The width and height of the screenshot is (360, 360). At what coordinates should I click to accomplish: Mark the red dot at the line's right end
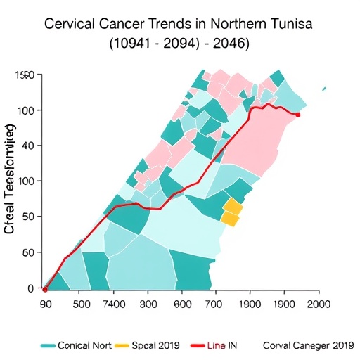pos(298,115)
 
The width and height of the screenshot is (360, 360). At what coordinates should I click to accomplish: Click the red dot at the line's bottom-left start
pos(45,289)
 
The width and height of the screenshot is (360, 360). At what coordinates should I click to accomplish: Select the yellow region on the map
pos(232,212)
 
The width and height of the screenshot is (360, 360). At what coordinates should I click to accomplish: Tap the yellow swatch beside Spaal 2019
pos(122,346)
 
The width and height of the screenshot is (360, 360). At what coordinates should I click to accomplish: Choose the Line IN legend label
pos(225,346)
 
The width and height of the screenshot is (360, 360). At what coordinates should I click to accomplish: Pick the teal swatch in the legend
pos(47,346)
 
